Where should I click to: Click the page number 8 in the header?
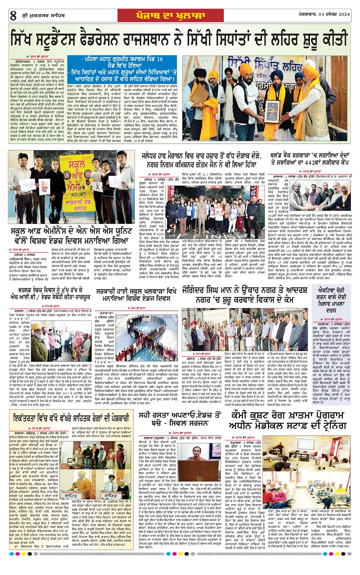point(13,16)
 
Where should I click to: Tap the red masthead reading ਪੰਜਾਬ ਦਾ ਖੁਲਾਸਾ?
point(180,15)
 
